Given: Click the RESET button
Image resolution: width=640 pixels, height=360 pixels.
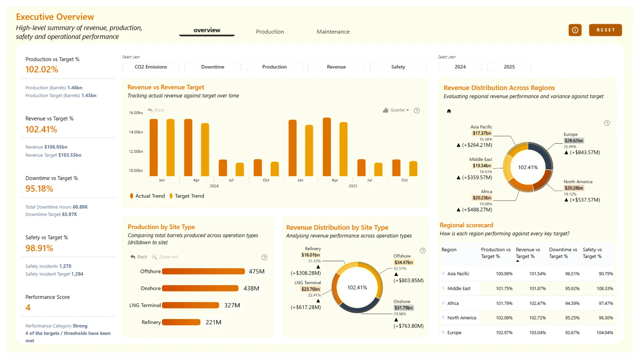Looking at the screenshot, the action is pyautogui.click(x=605, y=30).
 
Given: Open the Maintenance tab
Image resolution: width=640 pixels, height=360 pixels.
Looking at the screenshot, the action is pyautogui.click(x=333, y=32).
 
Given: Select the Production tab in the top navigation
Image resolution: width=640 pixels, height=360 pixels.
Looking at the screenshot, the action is pyautogui.click(x=270, y=32).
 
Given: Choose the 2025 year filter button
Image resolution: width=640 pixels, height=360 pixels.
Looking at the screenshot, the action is pyautogui.click(x=509, y=67).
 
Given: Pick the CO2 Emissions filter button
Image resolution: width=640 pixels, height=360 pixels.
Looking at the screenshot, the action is pyautogui.click(x=151, y=67).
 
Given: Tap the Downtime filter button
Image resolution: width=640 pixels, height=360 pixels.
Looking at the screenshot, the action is pyautogui.click(x=213, y=67).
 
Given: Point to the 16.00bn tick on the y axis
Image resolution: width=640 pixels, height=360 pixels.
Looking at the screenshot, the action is pyautogui.click(x=136, y=113).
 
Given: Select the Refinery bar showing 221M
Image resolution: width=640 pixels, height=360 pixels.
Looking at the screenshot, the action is pyautogui.click(x=181, y=322).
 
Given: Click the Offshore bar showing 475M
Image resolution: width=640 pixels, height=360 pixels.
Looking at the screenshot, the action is pyautogui.click(x=203, y=271).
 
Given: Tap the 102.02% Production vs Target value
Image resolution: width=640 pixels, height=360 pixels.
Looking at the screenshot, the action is pyautogui.click(x=42, y=69).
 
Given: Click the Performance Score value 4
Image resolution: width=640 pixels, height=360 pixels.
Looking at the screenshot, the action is pyautogui.click(x=28, y=307).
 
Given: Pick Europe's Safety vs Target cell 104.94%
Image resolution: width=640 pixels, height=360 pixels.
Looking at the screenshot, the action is pyautogui.click(x=605, y=333).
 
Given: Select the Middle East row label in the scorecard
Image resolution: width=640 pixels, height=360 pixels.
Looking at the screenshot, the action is pyautogui.click(x=459, y=288).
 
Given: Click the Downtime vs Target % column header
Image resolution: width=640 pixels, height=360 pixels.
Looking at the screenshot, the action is pyautogui.click(x=563, y=253).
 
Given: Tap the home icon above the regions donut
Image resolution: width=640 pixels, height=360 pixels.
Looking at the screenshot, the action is pyautogui.click(x=449, y=111).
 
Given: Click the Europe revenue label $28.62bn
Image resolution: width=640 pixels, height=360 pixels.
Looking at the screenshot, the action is pyautogui.click(x=574, y=141).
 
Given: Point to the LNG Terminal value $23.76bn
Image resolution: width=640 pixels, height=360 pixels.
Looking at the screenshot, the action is pyautogui.click(x=310, y=289).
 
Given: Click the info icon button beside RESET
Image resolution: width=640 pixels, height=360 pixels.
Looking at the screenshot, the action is pyautogui.click(x=575, y=30).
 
